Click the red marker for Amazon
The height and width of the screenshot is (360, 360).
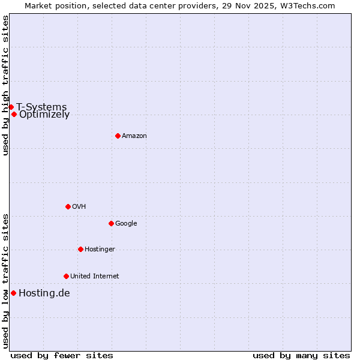pos(118,136)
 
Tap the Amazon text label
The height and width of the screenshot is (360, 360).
pos(134,136)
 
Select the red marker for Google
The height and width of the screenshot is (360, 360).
pos(111,223)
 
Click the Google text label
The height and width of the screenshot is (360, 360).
pos(126,224)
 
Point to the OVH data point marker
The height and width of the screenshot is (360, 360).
pos(68,206)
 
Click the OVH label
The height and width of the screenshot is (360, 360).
pos(79,207)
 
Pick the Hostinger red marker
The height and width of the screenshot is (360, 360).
pos(80,249)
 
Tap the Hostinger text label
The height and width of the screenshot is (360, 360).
pos(100,250)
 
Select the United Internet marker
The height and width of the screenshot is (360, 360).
pos(66,276)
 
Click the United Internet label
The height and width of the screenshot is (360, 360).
pos(94,277)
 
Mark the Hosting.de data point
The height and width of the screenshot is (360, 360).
pos(13,293)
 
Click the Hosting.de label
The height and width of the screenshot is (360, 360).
pos(44,293)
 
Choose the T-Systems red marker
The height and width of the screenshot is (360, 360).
pos(11,107)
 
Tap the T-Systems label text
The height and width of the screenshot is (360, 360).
pos(41,107)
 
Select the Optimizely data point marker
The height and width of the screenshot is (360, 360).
pos(14,114)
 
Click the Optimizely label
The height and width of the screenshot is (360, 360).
pos(44,115)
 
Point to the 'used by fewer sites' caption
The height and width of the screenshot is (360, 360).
pos(62,355)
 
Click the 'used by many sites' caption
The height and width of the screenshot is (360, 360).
pos(301,355)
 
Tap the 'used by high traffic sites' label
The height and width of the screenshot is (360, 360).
pos(5,85)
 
